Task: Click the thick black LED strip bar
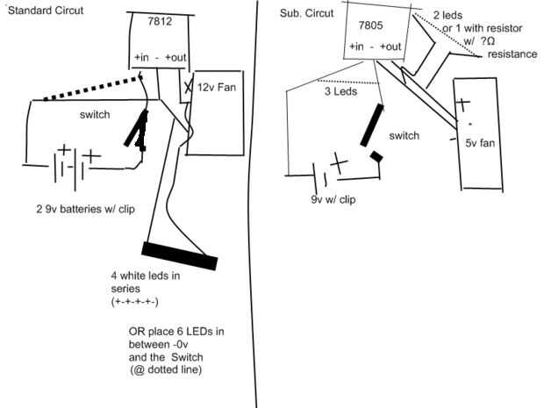click(x=180, y=254)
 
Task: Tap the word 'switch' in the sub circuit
click(x=404, y=135)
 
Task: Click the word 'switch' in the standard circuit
click(x=93, y=115)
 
